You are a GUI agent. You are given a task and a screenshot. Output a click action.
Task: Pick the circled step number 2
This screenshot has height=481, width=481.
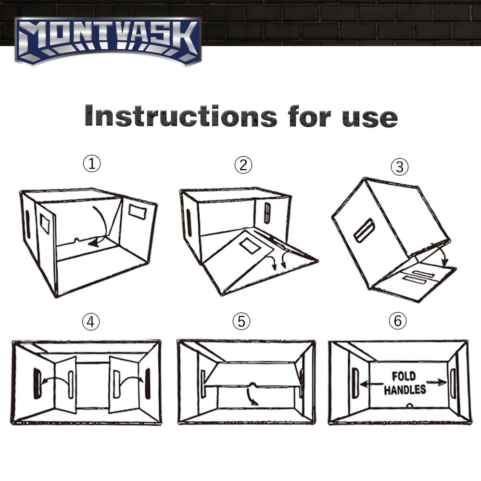tap(243, 165)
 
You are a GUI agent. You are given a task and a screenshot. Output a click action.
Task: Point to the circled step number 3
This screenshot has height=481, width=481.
tap(399, 167)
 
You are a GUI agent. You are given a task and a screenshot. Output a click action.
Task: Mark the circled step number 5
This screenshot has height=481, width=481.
tap(241, 322)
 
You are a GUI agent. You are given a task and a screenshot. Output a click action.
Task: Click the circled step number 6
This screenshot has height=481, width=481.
tap(397, 321)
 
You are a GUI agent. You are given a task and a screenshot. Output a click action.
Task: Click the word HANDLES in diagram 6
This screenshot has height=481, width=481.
tap(405, 389)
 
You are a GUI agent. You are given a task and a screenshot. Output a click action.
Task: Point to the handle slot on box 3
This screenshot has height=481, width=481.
tap(364, 230)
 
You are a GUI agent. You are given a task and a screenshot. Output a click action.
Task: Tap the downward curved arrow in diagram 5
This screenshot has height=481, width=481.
tap(252, 396)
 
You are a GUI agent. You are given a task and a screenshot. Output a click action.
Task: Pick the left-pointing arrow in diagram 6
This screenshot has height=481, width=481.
tap(370, 383)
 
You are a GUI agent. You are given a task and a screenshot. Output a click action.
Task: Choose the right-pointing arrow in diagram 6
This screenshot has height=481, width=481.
tap(437, 382)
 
